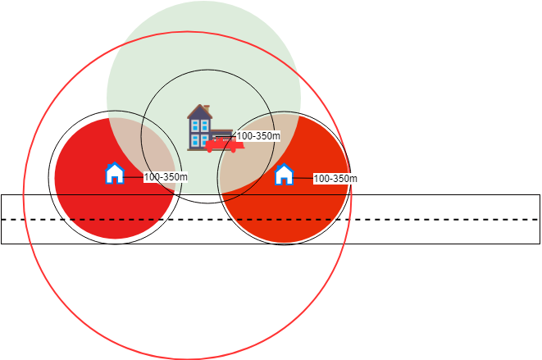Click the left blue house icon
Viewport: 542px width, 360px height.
tap(115, 173)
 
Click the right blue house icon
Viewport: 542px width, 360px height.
tap(284, 174)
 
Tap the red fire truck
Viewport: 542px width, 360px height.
tap(224, 145)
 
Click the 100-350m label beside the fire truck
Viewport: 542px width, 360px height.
tap(258, 136)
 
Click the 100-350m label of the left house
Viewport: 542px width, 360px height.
tap(166, 176)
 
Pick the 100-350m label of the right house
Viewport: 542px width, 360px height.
tap(336, 178)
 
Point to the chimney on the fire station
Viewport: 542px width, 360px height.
tap(207, 108)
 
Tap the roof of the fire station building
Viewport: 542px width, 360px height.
tap(198, 113)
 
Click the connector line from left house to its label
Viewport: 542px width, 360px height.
tap(134, 176)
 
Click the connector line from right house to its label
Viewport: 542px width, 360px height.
tap(303, 177)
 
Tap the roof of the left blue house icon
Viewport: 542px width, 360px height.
tap(115, 166)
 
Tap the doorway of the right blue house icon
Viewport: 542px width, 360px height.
tap(284, 179)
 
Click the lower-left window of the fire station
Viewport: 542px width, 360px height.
tap(194, 140)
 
